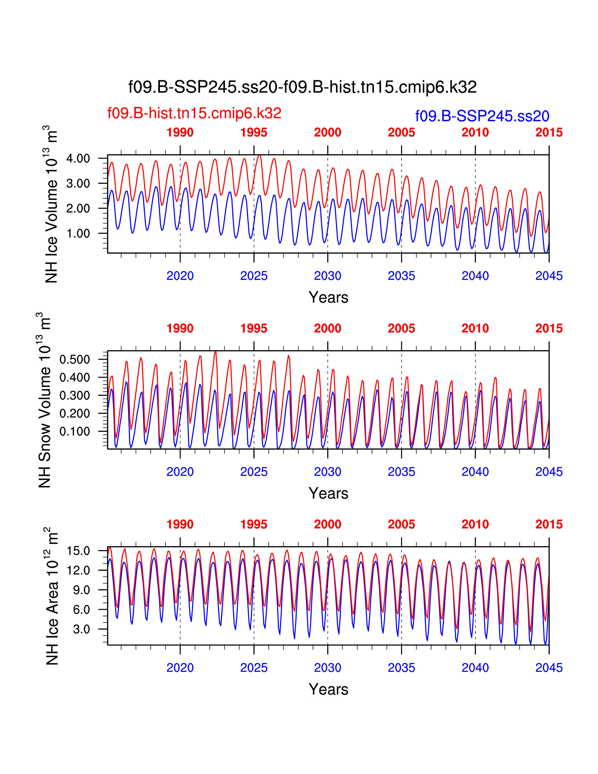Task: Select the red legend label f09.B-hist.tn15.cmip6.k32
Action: click(194, 113)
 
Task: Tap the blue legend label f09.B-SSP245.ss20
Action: click(482, 116)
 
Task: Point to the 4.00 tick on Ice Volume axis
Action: click(78, 158)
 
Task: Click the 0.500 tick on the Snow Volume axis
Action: click(75, 359)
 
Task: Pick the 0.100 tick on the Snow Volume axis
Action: click(75, 432)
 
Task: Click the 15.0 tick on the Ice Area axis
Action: click(78, 551)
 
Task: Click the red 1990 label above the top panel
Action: click(180, 133)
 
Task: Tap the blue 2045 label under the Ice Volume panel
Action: click(549, 276)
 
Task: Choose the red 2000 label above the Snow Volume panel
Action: click(327, 329)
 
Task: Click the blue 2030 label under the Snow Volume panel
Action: click(327, 472)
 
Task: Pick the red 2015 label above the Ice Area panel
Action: click(549, 524)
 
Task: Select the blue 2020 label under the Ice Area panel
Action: click(180, 668)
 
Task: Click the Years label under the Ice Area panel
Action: click(328, 689)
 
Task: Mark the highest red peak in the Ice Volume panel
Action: click(259, 155)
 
